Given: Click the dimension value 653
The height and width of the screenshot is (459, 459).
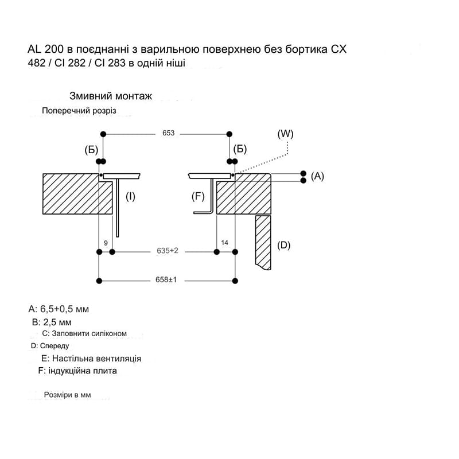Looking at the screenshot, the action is [168, 133].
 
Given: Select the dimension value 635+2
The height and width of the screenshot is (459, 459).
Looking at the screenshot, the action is [168, 251].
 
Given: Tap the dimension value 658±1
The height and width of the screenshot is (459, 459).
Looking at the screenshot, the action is [166, 280].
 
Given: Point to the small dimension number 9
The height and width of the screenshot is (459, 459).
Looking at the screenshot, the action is [106, 243].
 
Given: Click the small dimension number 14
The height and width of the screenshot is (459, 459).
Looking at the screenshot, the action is [224, 243].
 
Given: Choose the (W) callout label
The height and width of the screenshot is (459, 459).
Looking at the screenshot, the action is [285, 134].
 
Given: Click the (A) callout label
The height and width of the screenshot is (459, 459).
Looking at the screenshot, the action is [317, 176].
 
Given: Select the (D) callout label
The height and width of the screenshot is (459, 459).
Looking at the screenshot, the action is [283, 245].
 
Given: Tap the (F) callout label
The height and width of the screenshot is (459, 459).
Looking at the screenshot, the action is [198, 196].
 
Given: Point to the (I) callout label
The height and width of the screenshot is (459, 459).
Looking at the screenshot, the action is [130, 196].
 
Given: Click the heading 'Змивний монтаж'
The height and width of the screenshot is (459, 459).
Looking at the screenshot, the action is [111, 96].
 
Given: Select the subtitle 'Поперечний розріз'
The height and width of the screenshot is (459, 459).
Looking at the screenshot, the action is [79, 111].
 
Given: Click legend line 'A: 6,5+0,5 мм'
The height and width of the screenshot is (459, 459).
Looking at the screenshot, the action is [59, 309].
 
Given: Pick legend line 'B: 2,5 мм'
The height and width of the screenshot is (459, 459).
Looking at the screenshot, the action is [52, 322].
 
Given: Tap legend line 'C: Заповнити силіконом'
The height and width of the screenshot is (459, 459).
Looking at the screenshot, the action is [84, 333].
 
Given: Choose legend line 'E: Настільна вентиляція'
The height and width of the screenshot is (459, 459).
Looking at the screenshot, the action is [91, 359].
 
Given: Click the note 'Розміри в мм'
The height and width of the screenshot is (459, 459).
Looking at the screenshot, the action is [67, 395].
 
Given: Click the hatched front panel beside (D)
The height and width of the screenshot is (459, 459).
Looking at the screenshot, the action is [263, 243].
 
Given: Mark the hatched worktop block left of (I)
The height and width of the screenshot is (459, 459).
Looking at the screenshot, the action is [77, 194].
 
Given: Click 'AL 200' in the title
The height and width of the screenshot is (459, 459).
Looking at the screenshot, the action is [45, 49].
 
